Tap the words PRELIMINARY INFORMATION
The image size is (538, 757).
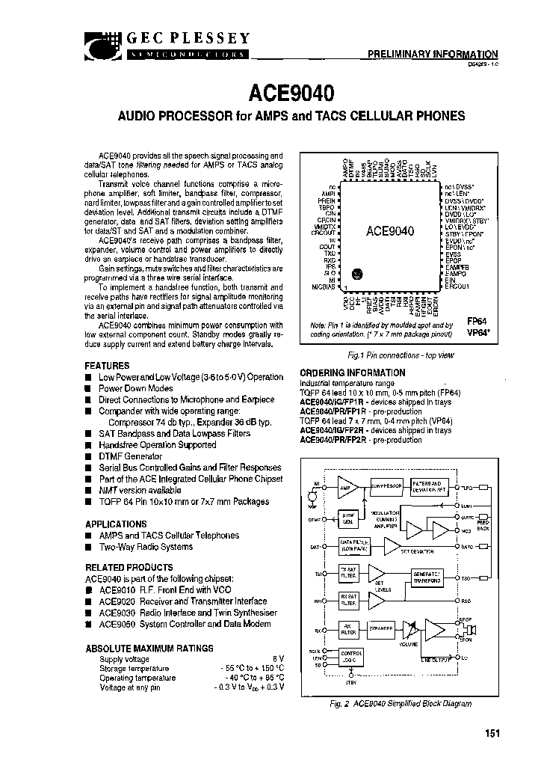coord(433,54)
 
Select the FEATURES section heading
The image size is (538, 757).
coord(107,366)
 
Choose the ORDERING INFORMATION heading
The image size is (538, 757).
coord(352,373)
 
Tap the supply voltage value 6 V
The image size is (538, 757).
coord(278,659)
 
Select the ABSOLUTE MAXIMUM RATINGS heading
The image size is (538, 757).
coord(149,648)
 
